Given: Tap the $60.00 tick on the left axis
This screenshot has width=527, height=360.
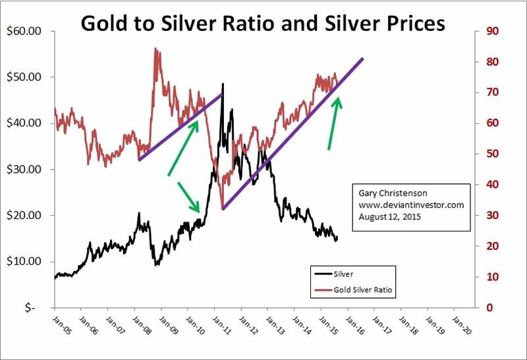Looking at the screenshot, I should (23, 31).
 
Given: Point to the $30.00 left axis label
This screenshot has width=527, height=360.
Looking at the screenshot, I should (23, 169).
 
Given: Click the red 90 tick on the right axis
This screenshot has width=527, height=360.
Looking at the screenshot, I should (491, 31).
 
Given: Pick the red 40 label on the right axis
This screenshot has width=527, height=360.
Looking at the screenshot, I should (491, 185).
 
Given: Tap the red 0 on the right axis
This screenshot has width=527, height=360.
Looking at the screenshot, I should (489, 308).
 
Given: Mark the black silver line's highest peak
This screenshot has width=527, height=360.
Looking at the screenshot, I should (223, 84).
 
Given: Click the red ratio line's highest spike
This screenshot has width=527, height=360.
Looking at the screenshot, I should (155, 48).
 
